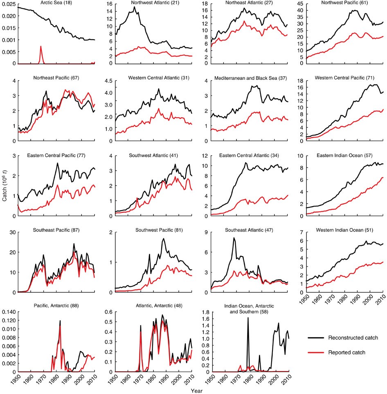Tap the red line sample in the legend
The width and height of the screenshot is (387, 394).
point(317,352)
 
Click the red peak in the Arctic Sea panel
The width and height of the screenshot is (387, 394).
point(41,46)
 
